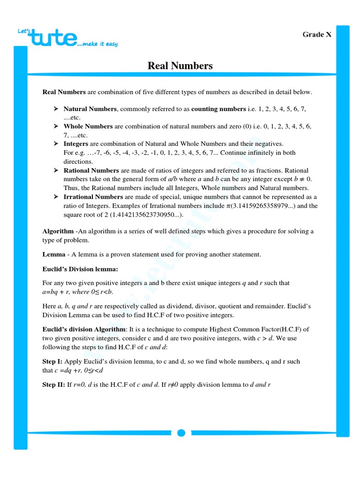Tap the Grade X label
click(x=317, y=34)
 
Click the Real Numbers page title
click(x=180, y=66)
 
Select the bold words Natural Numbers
click(x=90, y=109)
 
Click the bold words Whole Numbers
click(x=88, y=126)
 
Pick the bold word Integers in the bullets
click(x=75, y=143)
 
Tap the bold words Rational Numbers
click(x=91, y=170)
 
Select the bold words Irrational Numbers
click(x=93, y=196)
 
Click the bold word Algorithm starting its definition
click(x=58, y=232)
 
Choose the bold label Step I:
click(x=53, y=361)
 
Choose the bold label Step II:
click(x=54, y=385)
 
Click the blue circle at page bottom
click(x=181, y=433)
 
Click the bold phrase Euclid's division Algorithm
click(x=84, y=329)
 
